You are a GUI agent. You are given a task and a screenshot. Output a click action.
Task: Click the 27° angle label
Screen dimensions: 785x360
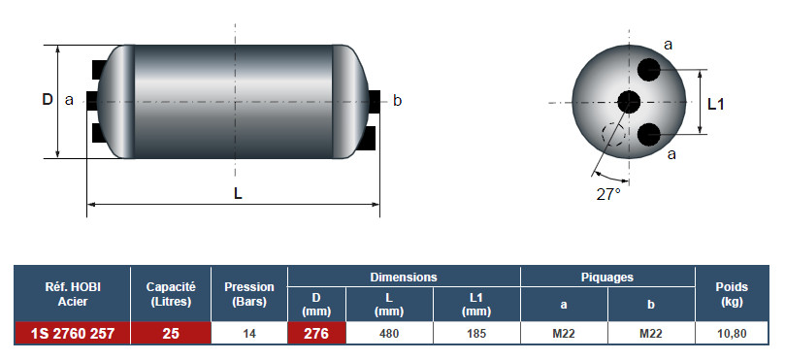(x=608, y=194)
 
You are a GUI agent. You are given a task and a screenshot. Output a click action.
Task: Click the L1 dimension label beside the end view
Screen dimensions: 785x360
(x=716, y=104)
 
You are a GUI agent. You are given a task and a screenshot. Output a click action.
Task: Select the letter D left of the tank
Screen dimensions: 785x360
(x=47, y=100)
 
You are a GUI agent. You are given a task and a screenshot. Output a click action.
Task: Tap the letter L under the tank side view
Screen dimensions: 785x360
(x=238, y=193)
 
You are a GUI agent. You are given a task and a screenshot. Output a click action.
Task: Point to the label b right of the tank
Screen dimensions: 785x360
(x=397, y=101)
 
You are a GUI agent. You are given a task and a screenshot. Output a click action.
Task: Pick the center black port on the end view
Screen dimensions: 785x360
(x=629, y=102)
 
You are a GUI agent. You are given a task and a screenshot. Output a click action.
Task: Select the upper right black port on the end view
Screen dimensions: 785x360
(x=649, y=70)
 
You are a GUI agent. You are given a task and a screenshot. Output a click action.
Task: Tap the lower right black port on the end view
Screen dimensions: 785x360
(x=649, y=134)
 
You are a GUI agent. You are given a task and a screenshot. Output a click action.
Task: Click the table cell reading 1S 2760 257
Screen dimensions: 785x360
(x=73, y=333)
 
